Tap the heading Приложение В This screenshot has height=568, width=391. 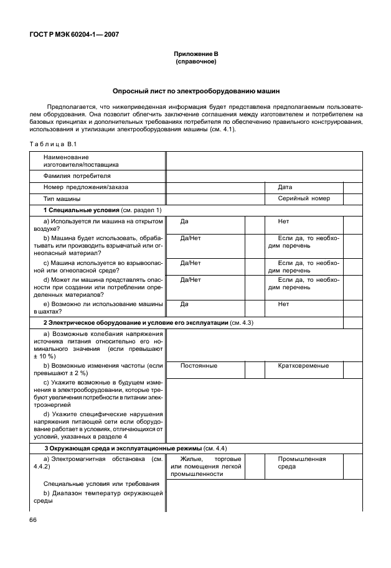(195, 55)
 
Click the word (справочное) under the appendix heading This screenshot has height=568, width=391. (195, 62)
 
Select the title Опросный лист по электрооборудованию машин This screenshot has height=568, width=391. (195, 91)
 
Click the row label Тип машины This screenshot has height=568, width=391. (62, 199)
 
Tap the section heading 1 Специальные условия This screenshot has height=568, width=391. (102, 210)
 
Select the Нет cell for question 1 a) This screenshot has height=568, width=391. (284, 221)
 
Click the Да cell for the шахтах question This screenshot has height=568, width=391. (184, 304)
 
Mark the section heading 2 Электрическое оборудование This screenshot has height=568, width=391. (148, 323)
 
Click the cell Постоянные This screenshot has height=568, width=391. (199, 366)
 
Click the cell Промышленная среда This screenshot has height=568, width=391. (302, 463)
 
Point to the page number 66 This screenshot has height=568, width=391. (32, 520)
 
